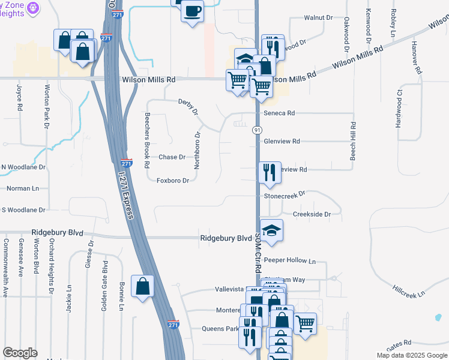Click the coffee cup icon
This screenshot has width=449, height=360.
192,11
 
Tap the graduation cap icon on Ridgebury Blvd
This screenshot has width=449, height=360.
271,232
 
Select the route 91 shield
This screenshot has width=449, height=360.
257,130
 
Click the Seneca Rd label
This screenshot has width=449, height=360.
279,113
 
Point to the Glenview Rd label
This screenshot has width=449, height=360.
282,142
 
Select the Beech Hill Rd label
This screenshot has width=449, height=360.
354,141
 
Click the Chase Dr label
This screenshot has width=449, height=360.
172,157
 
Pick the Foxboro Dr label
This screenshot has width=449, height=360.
173,181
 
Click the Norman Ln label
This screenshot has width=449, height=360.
22,188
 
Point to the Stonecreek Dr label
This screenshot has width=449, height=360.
285,194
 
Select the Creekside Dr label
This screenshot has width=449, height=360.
312,214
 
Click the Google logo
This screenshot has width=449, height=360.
20,353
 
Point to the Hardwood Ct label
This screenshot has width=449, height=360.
398,109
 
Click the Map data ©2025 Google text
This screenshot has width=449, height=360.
411,355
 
